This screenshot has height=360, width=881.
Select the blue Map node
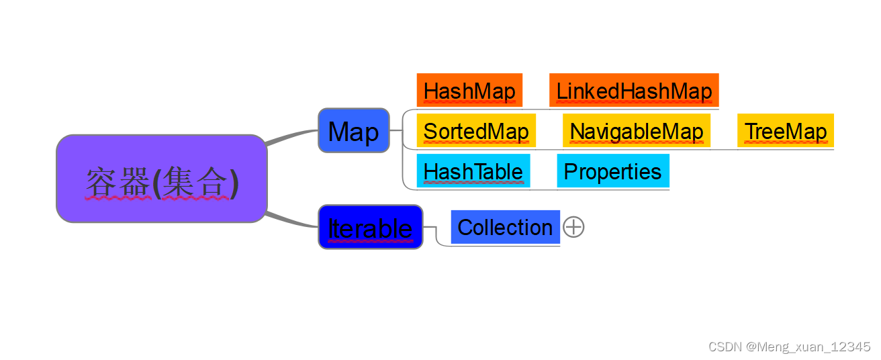coord(354,131)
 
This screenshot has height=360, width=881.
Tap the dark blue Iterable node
coord(370,227)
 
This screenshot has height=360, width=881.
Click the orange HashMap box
coord(469,91)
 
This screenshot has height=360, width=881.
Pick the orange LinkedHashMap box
coord(634,91)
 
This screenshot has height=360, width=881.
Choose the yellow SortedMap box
coord(475,131)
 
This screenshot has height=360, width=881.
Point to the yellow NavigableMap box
coord(637,131)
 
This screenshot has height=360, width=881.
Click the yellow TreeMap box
coord(785,131)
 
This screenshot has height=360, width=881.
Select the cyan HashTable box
coord(473,171)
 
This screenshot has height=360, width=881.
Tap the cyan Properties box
coord(612,171)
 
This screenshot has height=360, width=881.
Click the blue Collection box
coord(505,227)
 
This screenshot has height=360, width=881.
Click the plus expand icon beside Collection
coord(573,227)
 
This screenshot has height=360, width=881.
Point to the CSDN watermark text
coord(790,347)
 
